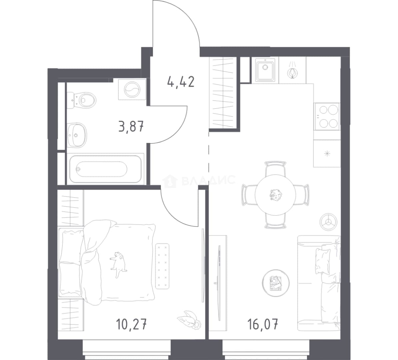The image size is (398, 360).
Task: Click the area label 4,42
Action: click(x=181, y=82)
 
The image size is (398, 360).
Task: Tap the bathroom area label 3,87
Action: click(x=131, y=126)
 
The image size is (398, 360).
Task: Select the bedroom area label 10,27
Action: click(x=131, y=324)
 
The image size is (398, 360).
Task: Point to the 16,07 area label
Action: click(x=263, y=324)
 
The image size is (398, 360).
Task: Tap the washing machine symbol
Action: click(x=132, y=89)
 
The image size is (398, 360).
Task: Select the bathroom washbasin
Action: click(x=77, y=135)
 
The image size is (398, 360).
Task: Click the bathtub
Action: click(x=105, y=168)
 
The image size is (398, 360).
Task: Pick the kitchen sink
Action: click(x=265, y=70)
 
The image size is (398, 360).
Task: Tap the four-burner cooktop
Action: click(x=327, y=117)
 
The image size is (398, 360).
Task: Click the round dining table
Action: click(x=275, y=195)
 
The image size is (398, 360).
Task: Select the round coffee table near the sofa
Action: click(x=276, y=283)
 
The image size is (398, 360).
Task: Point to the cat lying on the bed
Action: click(x=118, y=264)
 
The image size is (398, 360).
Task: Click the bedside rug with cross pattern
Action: click(x=162, y=266)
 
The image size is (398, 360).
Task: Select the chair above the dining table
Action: click(x=275, y=168)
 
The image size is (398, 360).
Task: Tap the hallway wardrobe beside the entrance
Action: click(x=223, y=93)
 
